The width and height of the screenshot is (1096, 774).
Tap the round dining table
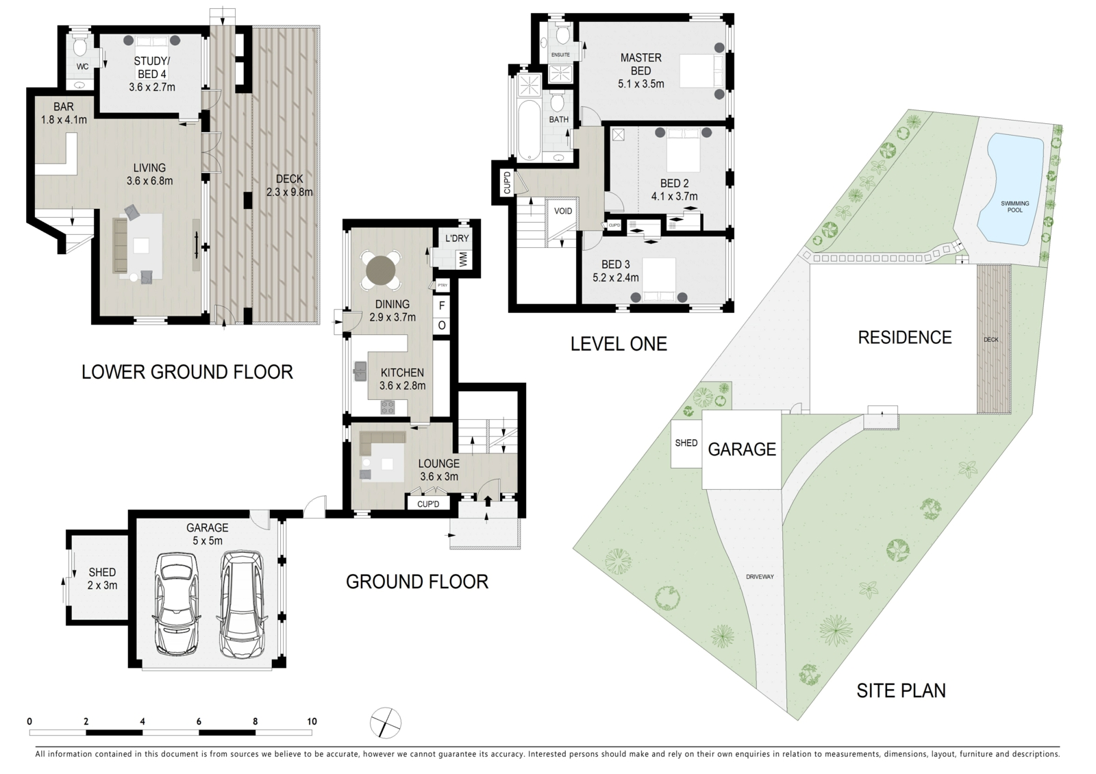pyautogui.click(x=381, y=271)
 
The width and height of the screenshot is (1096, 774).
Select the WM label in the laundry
pyautogui.click(x=463, y=260)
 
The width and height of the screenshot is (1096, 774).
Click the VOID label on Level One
pyautogui.click(x=562, y=212)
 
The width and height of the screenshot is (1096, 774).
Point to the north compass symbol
pyautogui.click(x=386, y=723)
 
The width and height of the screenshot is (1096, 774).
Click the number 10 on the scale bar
pyautogui.click(x=312, y=721)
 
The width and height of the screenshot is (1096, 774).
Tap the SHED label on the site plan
pyautogui.click(x=686, y=442)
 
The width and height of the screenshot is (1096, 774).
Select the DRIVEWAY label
pyautogui.click(x=760, y=577)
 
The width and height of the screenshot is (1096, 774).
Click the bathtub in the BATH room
pyautogui.click(x=529, y=129)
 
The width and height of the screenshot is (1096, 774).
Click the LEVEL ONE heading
pyautogui.click(x=619, y=344)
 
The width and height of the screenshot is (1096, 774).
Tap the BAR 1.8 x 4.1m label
pyautogui.click(x=64, y=113)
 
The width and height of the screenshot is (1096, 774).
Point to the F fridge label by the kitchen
pyautogui.click(x=442, y=305)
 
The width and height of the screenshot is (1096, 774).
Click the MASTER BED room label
pyautogui.click(x=640, y=64)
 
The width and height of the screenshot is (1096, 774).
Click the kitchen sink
pyautogui.click(x=360, y=371)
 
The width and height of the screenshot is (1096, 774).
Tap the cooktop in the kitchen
pyautogui.click(x=388, y=407)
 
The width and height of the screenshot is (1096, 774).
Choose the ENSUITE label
pyautogui.click(x=560, y=55)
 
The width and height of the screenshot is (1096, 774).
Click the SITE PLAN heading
pyautogui.click(x=901, y=690)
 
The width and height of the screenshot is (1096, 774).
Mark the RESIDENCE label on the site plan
pyautogui.click(x=905, y=337)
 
